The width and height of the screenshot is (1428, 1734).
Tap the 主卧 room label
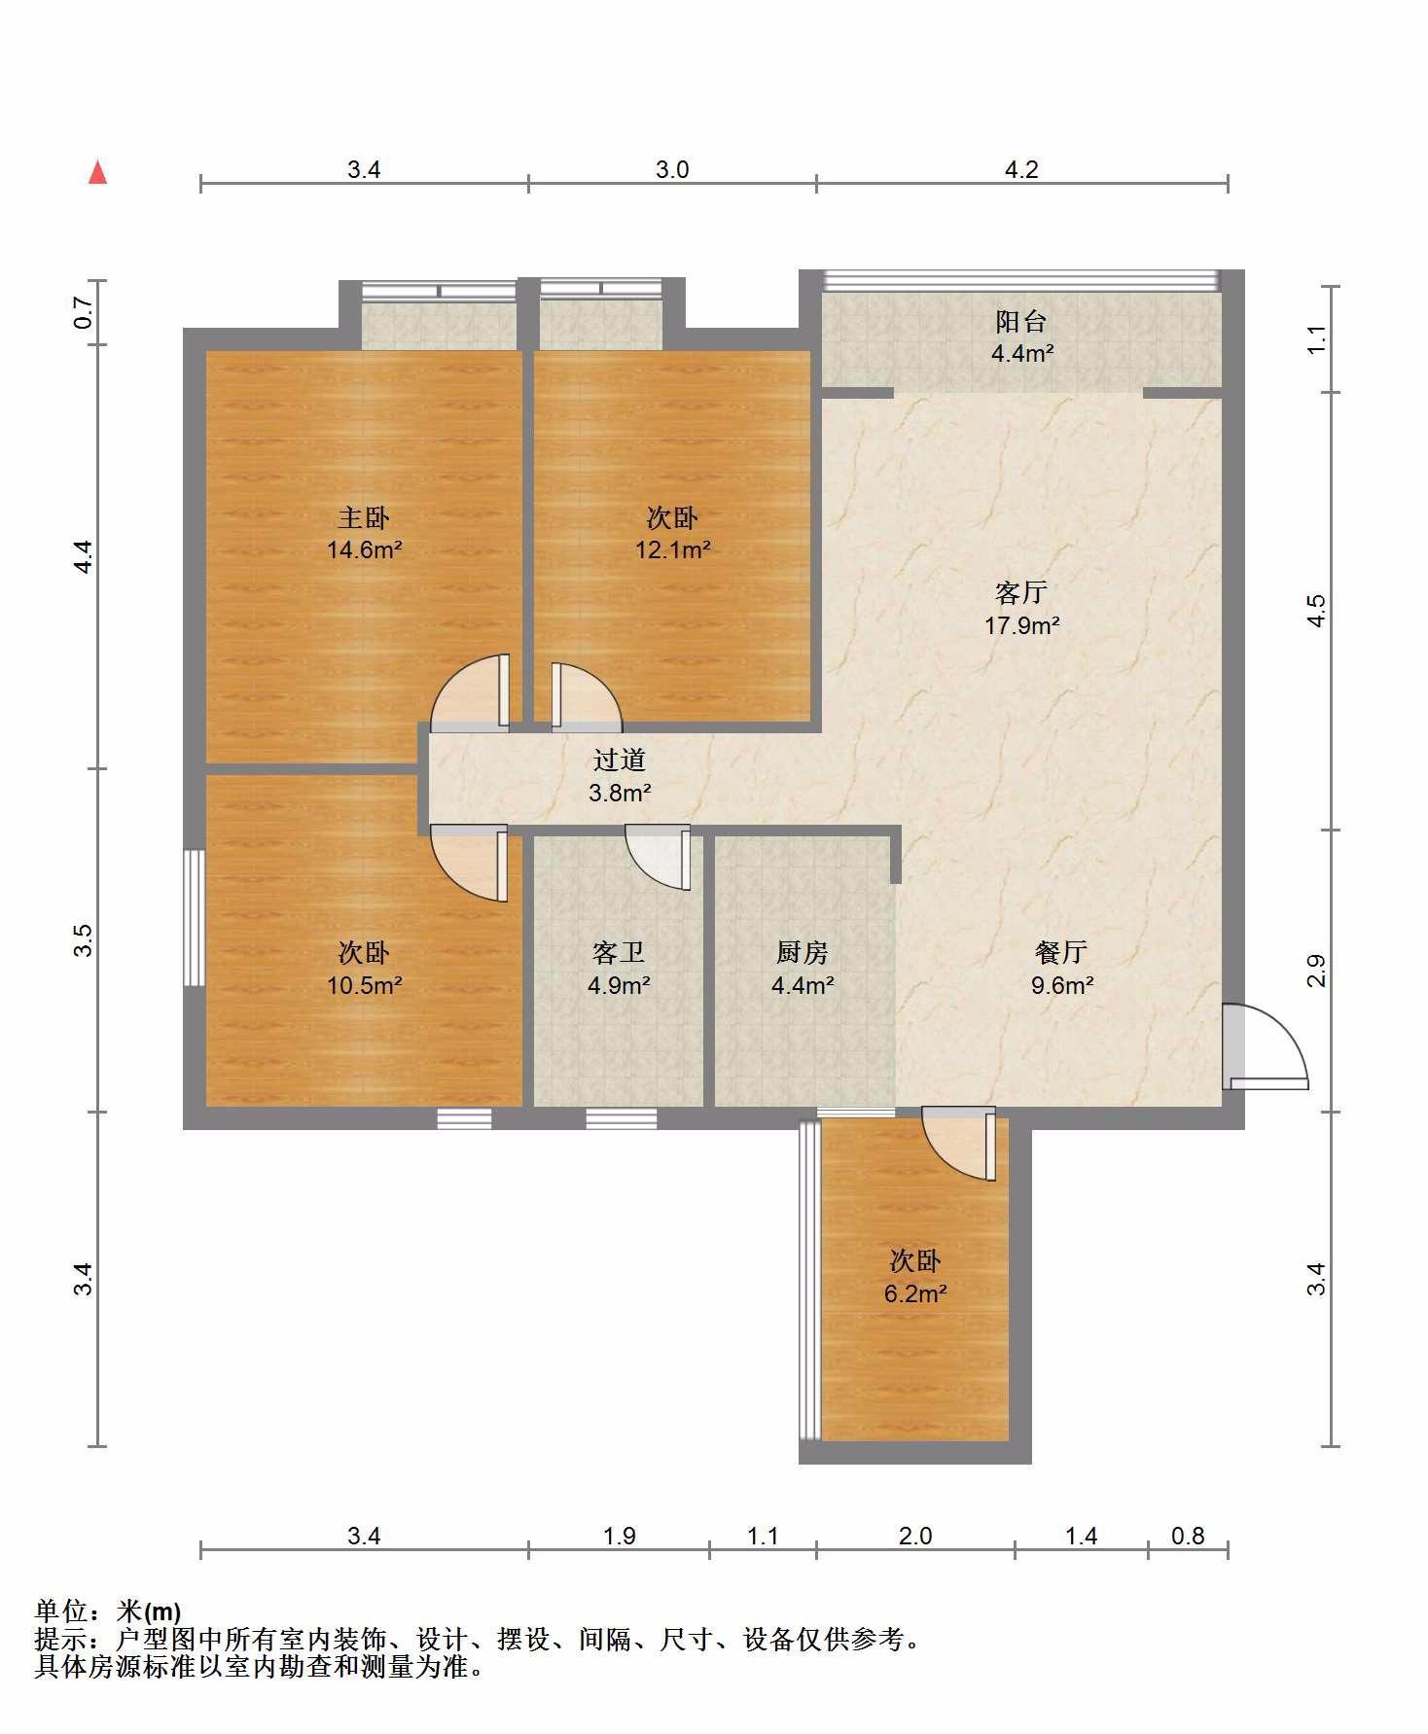[364, 517]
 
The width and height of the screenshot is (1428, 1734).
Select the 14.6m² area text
[365, 550]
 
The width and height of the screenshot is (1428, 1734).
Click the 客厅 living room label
[1021, 592]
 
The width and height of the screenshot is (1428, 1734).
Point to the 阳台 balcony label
[1021, 321]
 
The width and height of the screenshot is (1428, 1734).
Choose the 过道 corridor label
[620, 760]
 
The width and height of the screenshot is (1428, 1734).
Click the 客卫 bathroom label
[619, 952]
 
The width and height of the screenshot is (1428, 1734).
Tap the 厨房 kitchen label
[803, 952]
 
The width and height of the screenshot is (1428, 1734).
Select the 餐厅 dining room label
[1061, 952]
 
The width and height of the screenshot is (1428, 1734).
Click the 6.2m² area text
[915, 1294]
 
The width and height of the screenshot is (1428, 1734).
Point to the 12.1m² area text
[672, 550]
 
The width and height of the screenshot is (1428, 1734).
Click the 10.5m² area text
[365, 986]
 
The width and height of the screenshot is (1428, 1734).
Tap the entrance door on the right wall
[1265, 1046]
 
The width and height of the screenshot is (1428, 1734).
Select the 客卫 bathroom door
[659, 857]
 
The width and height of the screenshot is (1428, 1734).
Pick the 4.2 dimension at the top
[1021, 170]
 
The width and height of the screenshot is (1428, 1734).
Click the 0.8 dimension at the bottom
[1188, 1536]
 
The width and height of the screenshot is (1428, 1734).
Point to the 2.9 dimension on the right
[1316, 972]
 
